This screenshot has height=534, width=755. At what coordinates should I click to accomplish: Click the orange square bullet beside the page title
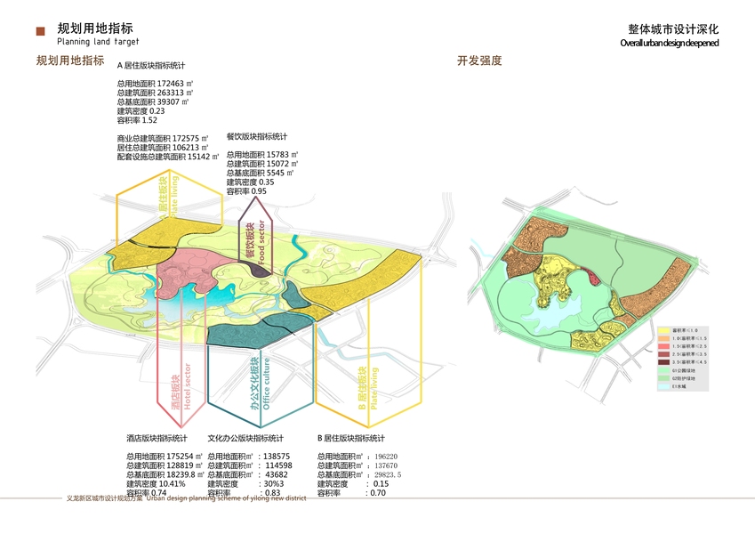pos(40,32)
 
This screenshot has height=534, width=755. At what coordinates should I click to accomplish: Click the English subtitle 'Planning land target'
pos(98,42)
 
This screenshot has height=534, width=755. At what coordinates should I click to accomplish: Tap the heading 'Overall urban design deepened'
pos(669,43)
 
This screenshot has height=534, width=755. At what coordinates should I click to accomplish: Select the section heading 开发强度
pos(479,61)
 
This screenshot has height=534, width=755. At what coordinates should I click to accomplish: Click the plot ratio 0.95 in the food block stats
pos(259,191)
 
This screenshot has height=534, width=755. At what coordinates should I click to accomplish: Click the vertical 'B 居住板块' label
pos(362,390)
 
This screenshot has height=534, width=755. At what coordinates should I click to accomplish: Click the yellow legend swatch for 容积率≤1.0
pos(663,330)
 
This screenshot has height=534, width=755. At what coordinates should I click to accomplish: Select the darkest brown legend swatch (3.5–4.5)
pos(663,362)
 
